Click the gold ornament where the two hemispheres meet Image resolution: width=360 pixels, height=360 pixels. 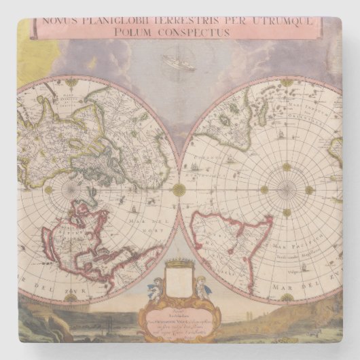point(179,190)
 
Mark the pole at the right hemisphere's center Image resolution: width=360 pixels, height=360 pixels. point(286,190)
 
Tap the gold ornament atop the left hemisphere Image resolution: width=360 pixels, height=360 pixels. point(71,83)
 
